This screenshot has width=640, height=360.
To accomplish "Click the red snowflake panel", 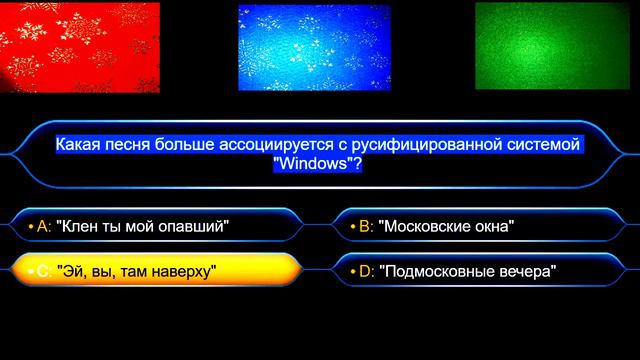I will point(80,47).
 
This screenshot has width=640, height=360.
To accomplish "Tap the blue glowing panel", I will point(314,47).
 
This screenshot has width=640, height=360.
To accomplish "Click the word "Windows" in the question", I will point(314,164).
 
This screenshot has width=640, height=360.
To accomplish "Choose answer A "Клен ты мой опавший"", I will point(150,226).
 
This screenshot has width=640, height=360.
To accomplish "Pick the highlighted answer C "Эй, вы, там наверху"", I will point(150,270).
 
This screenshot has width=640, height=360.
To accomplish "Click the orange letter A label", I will point(42,226).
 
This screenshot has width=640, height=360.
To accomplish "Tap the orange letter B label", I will point(365,226).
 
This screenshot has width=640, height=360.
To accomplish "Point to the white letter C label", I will point(42,270).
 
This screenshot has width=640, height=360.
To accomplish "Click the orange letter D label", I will point(365,270).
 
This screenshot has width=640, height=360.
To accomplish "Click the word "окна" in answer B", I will point(491,226).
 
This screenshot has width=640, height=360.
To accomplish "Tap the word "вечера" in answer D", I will point(524,270).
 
